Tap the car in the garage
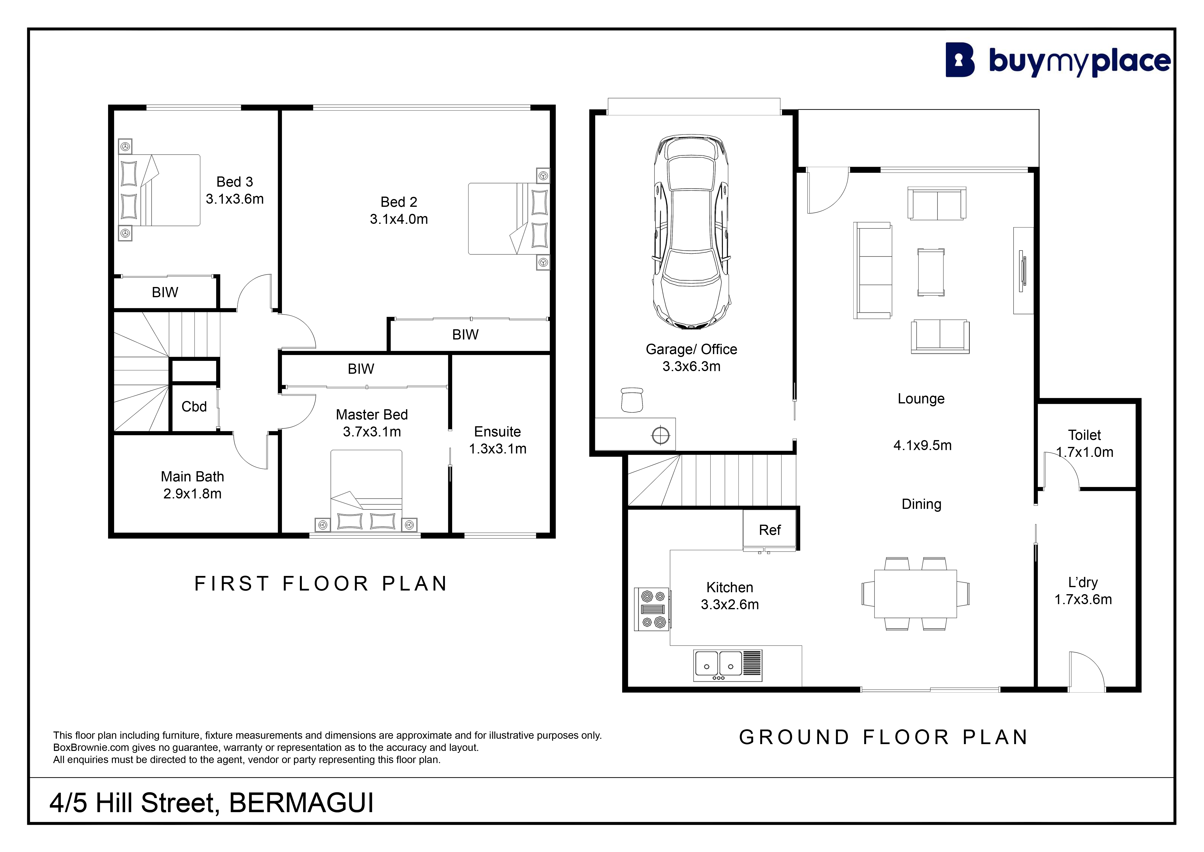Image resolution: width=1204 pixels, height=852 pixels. point(691,232)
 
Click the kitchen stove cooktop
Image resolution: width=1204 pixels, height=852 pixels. point(652,609)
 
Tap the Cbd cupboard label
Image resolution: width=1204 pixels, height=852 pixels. point(194,407)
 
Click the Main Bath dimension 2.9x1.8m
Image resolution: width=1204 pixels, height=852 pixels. point(193,494)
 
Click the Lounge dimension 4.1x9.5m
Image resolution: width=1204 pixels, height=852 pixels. point(922,445)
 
